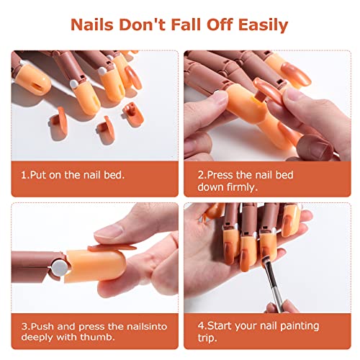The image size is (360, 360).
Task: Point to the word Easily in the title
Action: click(260, 25)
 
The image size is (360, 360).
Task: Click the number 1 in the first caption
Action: click(23, 174)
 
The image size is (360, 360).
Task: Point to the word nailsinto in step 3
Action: click(138, 325)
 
